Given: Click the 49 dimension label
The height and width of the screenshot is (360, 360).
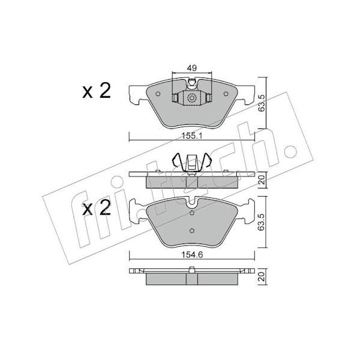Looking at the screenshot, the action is point(192,68).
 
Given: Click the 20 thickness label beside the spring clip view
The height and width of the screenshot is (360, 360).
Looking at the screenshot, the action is point(261,180).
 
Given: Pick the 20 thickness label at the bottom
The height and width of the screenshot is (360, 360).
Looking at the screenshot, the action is point(261,277).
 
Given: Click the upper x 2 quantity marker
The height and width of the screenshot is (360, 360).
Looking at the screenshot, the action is point(97,91).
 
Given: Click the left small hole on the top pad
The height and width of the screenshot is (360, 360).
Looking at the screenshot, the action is point(158,94).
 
